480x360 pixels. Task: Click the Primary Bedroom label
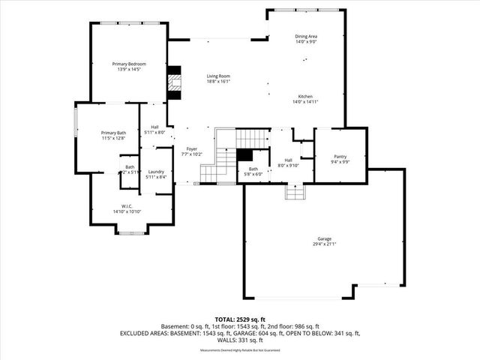pos(128,64)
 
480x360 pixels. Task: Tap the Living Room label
pos(218,76)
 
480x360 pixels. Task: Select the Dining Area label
pos(306,35)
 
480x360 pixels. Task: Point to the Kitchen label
pos(305,97)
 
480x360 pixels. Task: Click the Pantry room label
pos(340,157)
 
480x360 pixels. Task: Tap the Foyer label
pos(192,149)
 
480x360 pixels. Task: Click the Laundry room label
pos(156,171)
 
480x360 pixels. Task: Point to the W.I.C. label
pos(127,206)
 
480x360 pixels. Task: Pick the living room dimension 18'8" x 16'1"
pos(218,81)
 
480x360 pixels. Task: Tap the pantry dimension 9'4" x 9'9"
pos(340,162)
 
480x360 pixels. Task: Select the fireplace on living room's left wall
pos(175,84)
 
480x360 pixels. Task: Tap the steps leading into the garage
pos(294,193)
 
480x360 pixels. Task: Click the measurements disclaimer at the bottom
pos(239,350)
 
